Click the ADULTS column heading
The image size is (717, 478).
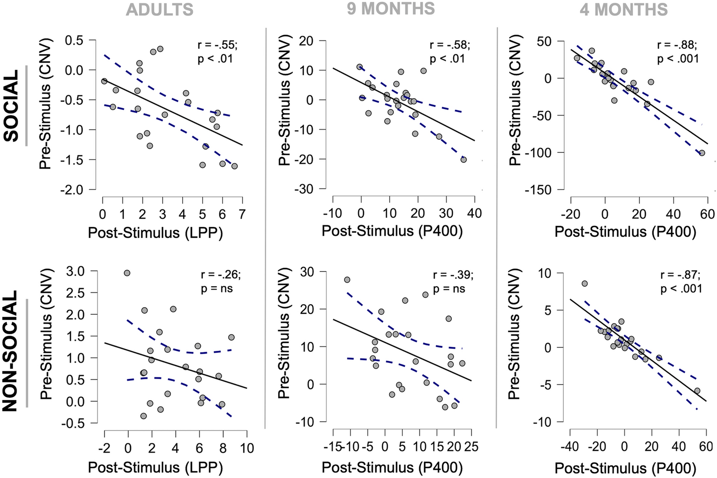click(x=159, y=10)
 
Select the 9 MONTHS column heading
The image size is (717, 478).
click(x=391, y=9)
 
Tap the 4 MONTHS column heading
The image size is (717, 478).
click(x=624, y=9)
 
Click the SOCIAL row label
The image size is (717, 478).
click(x=11, y=105)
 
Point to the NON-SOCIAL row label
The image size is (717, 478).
click(x=11, y=351)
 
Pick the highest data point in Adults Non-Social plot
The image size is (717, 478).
click(x=127, y=273)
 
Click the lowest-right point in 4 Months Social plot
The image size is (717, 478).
click(x=702, y=153)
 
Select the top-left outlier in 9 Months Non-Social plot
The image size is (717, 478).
click(x=347, y=280)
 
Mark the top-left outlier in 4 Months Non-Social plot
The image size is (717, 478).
click(x=585, y=283)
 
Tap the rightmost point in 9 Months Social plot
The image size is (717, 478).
click(x=463, y=159)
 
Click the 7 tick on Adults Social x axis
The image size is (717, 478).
click(x=242, y=214)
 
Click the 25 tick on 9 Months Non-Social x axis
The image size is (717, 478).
click(x=471, y=447)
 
